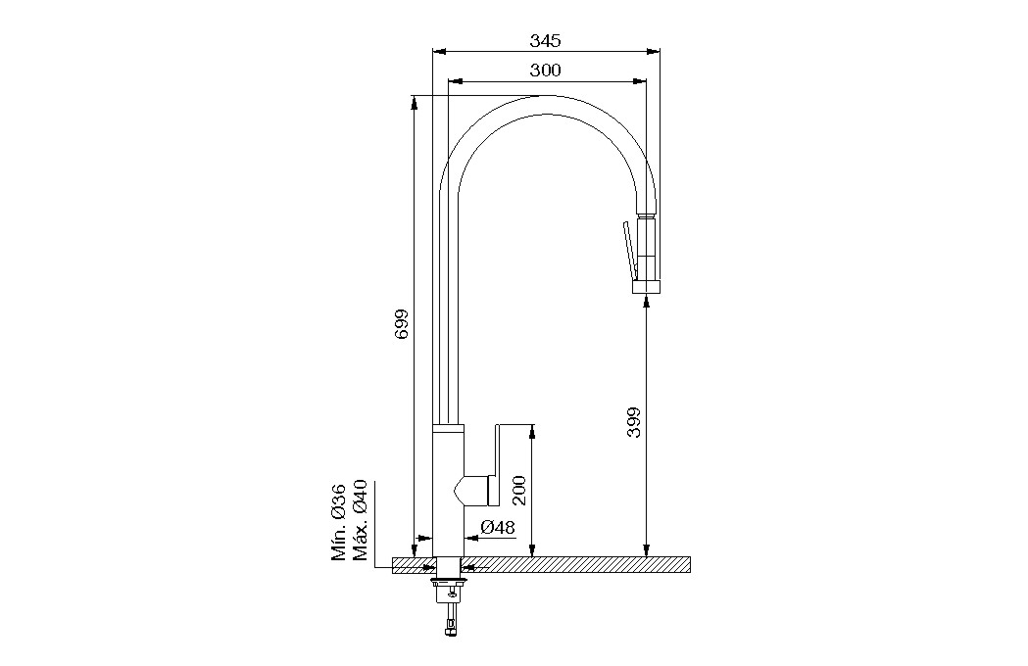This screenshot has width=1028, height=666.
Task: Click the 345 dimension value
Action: (545, 40)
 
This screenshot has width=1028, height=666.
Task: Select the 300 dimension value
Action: (545, 70)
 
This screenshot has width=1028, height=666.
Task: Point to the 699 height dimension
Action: (401, 324)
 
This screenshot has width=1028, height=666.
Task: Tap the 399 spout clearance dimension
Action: (633, 422)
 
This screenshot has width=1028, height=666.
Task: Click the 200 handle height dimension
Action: (519, 491)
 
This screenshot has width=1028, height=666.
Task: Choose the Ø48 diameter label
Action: (498, 528)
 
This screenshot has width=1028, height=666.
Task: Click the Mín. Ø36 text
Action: (338, 522)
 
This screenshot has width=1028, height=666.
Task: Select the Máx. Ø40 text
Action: (360, 520)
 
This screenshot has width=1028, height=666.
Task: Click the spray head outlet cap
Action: (647, 287)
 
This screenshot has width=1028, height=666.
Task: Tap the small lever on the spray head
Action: (629, 249)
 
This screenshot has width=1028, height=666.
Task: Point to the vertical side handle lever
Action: (495, 464)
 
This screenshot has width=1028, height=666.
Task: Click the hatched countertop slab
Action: (541, 565)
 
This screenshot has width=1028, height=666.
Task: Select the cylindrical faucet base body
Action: (449, 491)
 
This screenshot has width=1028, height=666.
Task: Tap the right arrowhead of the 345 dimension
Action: (653, 51)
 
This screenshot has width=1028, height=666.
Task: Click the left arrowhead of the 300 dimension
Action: (455, 81)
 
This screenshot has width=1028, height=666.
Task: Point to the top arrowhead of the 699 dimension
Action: (415, 103)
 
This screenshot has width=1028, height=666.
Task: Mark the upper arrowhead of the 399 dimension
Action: (647, 302)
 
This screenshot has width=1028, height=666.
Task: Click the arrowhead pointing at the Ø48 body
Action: (471, 537)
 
